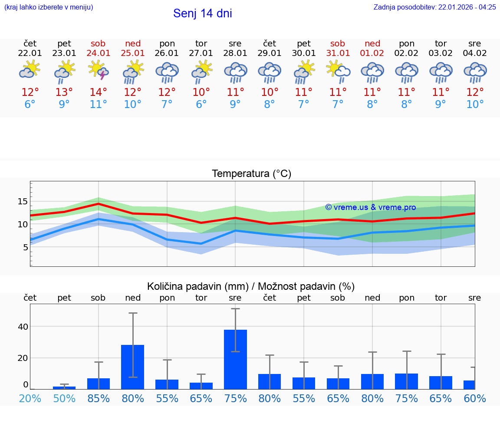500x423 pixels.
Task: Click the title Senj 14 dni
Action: (x=202, y=13)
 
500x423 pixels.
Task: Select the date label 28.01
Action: (x=235, y=53)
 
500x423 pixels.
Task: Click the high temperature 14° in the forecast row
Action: (x=99, y=92)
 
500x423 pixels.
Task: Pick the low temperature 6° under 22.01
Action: (x=30, y=105)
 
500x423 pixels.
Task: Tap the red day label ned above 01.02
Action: (x=372, y=43)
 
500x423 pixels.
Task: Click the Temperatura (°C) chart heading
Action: (x=251, y=174)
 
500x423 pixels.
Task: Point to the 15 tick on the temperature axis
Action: (x=23, y=201)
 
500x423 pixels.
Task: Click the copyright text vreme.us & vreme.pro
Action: (x=370, y=207)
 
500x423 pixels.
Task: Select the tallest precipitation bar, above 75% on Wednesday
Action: (x=235, y=359)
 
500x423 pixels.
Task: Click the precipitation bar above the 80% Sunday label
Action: (x=133, y=367)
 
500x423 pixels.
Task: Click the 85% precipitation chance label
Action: (x=99, y=398)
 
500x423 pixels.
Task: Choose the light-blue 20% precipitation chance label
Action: (x=30, y=398)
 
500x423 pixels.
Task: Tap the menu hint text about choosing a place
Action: (x=49, y=7)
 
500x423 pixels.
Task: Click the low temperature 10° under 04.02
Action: (x=475, y=105)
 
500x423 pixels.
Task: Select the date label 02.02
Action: (x=407, y=53)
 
